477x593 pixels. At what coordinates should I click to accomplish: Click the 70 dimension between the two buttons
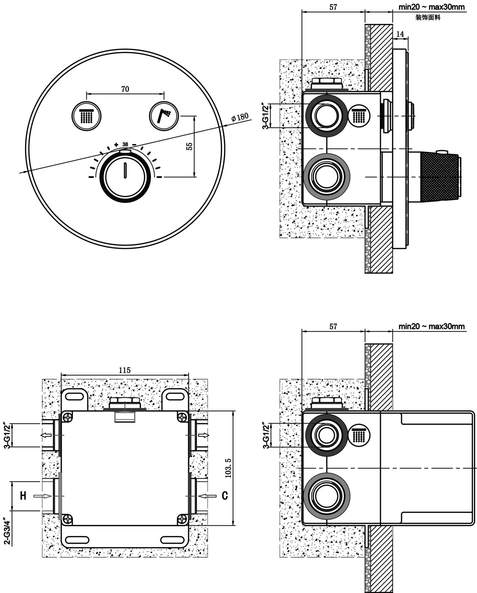(x=125, y=89)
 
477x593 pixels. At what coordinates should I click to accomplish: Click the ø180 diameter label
(x=240, y=117)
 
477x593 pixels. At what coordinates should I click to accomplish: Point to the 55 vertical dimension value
(x=190, y=146)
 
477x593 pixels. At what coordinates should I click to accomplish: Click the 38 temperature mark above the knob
(x=125, y=144)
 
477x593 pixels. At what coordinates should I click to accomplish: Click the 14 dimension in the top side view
(x=400, y=34)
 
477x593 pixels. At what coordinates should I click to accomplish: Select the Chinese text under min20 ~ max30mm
(x=428, y=18)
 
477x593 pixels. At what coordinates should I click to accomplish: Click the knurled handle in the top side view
(x=440, y=176)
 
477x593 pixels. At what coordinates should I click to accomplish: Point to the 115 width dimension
(x=125, y=370)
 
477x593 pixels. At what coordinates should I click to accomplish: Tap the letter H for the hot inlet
(x=23, y=496)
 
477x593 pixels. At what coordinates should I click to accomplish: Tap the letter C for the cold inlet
(x=225, y=496)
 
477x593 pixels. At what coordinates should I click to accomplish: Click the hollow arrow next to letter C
(x=207, y=496)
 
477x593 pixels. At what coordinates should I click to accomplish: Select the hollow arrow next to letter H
(x=43, y=496)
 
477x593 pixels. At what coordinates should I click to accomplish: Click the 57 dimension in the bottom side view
(x=333, y=326)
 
